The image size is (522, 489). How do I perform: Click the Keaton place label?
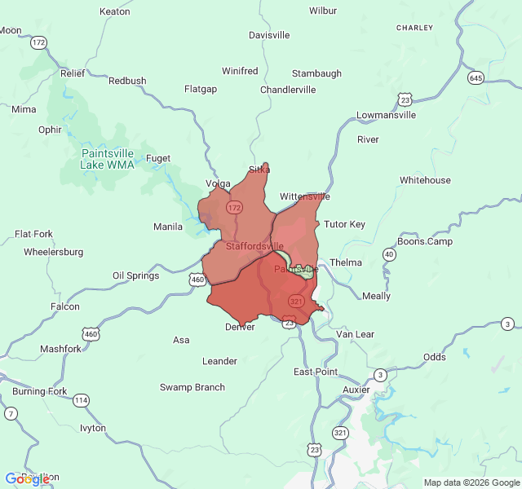point(114,11)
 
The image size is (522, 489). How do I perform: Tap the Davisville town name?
point(269,36)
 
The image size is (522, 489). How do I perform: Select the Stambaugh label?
point(316,73)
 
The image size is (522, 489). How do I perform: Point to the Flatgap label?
point(201,89)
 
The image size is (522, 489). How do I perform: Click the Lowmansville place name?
point(387,115)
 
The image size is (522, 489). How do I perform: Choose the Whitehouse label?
point(425,180)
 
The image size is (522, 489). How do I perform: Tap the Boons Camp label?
point(425,241)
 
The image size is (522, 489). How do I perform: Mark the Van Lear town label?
point(356,334)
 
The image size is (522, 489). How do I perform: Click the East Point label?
point(316,372)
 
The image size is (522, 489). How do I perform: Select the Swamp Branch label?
point(192,387)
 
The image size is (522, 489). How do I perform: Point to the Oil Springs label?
point(136,275)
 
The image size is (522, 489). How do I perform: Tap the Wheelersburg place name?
point(54,252)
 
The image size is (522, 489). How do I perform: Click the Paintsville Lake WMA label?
point(107,158)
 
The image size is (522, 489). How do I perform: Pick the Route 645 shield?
point(476,78)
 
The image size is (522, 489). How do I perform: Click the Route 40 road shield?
point(390,254)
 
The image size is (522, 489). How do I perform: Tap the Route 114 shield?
point(81,400)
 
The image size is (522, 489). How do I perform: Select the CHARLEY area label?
point(414,28)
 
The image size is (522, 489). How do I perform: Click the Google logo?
point(27,479)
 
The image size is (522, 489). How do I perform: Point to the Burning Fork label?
point(40,391)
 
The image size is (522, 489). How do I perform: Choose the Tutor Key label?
point(345,224)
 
